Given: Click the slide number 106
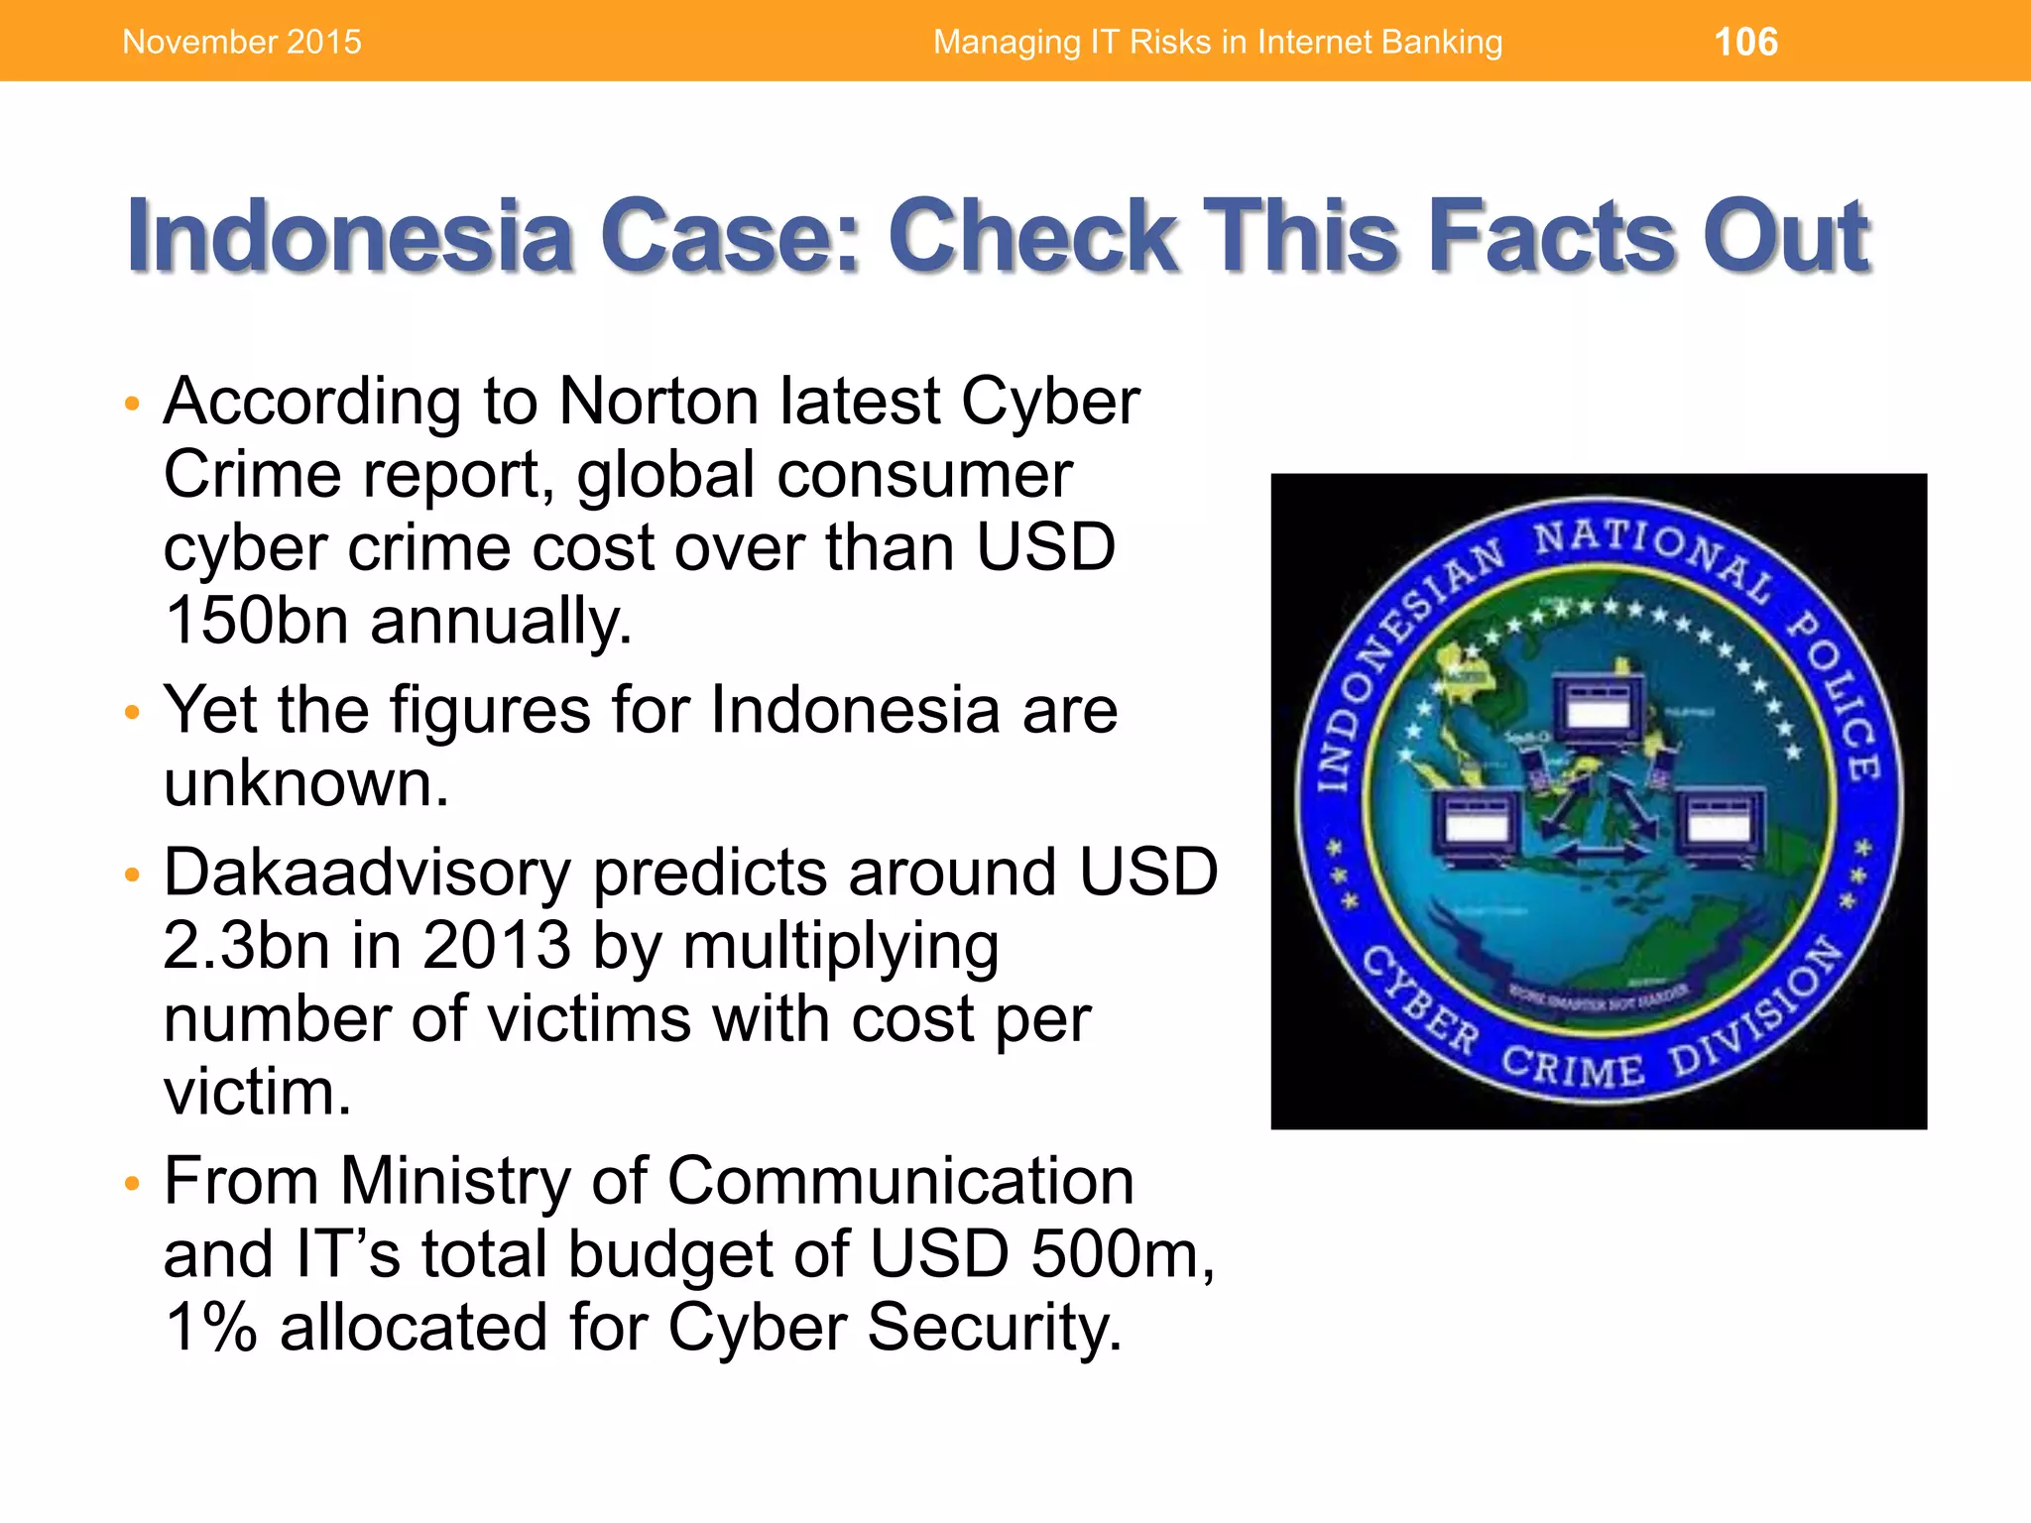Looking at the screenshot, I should (x=1745, y=42).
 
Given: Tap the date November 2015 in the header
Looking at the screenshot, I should (x=242, y=42).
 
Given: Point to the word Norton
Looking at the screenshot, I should (x=657, y=402).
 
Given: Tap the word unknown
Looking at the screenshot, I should (x=306, y=783).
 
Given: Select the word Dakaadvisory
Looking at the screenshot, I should (x=367, y=874).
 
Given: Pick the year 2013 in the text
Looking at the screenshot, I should (x=496, y=946).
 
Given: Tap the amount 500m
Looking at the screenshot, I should (x=1121, y=1254).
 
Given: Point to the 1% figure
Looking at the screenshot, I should (x=211, y=1328).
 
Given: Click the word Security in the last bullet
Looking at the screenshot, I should (x=994, y=1328).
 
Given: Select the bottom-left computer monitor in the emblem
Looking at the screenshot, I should (x=1476, y=823).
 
